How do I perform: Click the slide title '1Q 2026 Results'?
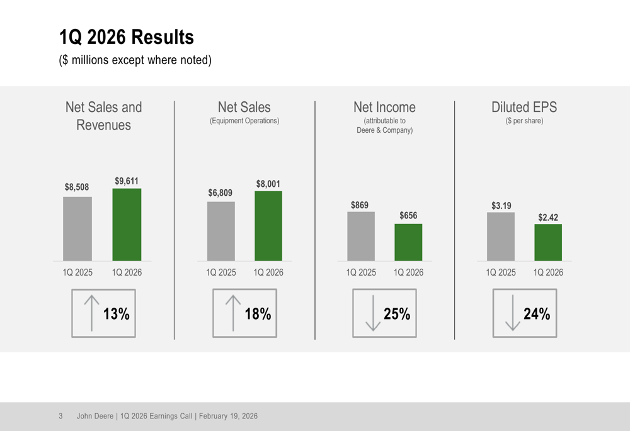(126, 37)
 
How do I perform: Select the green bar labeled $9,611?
(127, 225)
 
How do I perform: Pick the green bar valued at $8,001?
(268, 226)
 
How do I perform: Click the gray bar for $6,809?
(221, 231)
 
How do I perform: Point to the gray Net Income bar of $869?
(361, 236)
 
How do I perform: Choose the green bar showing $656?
(408, 242)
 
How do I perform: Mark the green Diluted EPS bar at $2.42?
(548, 242)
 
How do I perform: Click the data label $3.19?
(501, 206)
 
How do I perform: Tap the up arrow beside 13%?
(92, 313)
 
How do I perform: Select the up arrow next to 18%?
(233, 313)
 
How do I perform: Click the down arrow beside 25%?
(373, 313)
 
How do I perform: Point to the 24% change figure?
(537, 313)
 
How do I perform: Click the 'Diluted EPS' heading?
(524, 107)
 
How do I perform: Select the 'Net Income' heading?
(384, 107)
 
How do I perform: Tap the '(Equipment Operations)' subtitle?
(244, 121)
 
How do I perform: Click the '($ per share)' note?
(524, 121)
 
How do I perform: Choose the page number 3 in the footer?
(60, 416)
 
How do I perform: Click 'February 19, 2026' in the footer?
(228, 416)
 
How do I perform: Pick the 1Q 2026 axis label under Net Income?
(408, 272)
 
